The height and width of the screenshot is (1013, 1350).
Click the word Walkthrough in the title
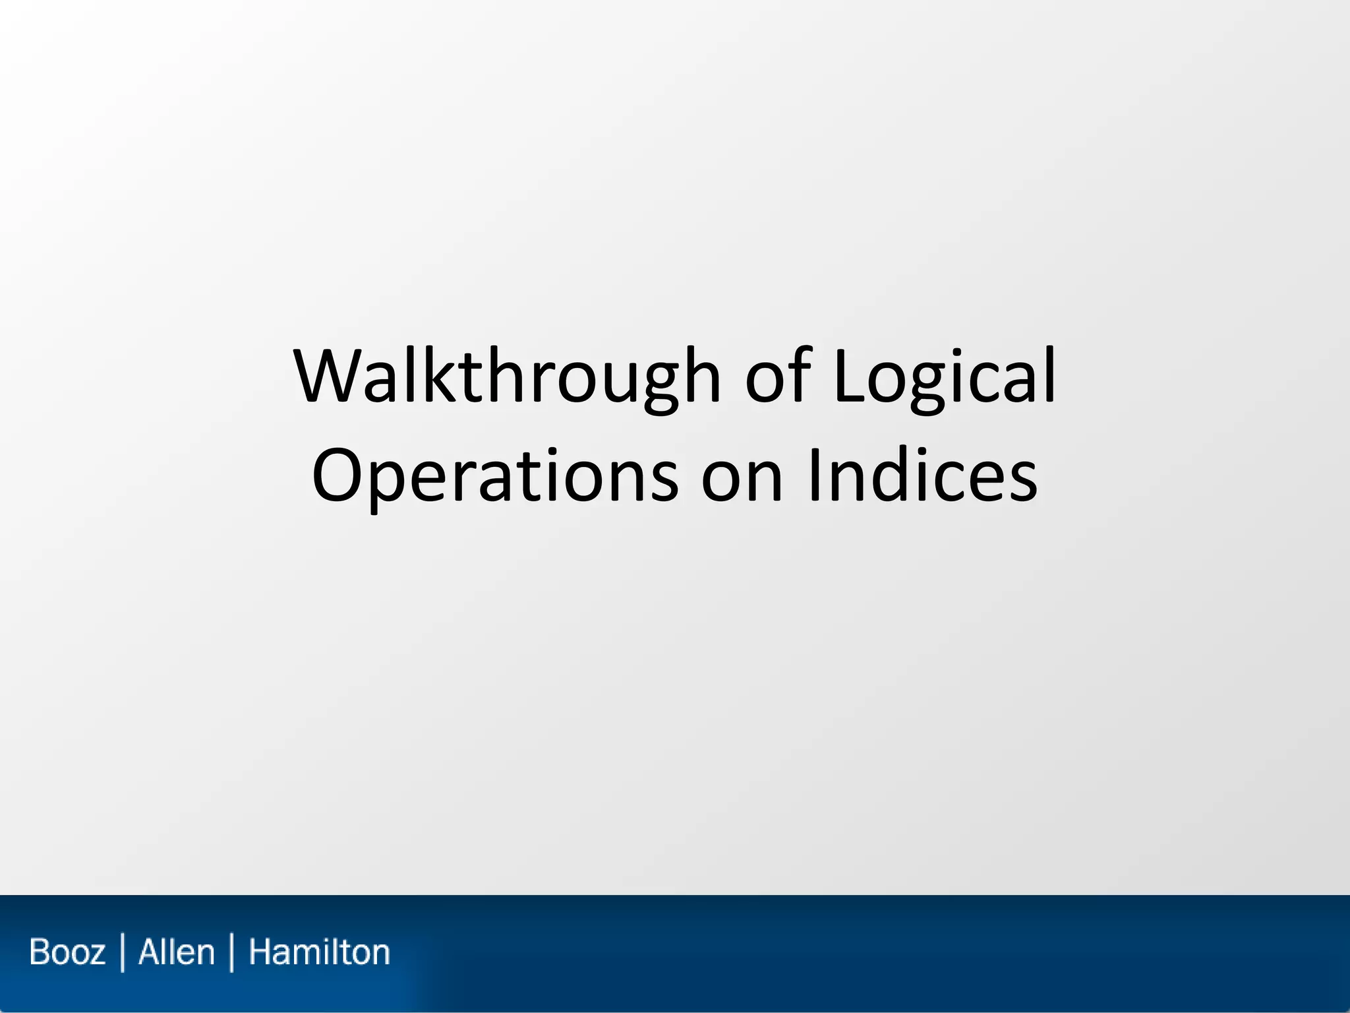tap(508, 377)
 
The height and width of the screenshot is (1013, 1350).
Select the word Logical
tap(944, 377)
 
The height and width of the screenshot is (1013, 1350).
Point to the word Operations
tap(494, 476)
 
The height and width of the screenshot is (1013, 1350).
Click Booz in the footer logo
tap(67, 952)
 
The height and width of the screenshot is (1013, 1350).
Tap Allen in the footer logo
tap(177, 952)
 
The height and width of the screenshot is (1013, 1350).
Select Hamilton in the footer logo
tap(319, 952)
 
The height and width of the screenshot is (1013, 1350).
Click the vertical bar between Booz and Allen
tap(123, 952)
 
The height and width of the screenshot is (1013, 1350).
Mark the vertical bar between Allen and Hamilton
tap(231, 952)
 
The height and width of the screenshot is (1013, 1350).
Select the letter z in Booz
tap(96, 954)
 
